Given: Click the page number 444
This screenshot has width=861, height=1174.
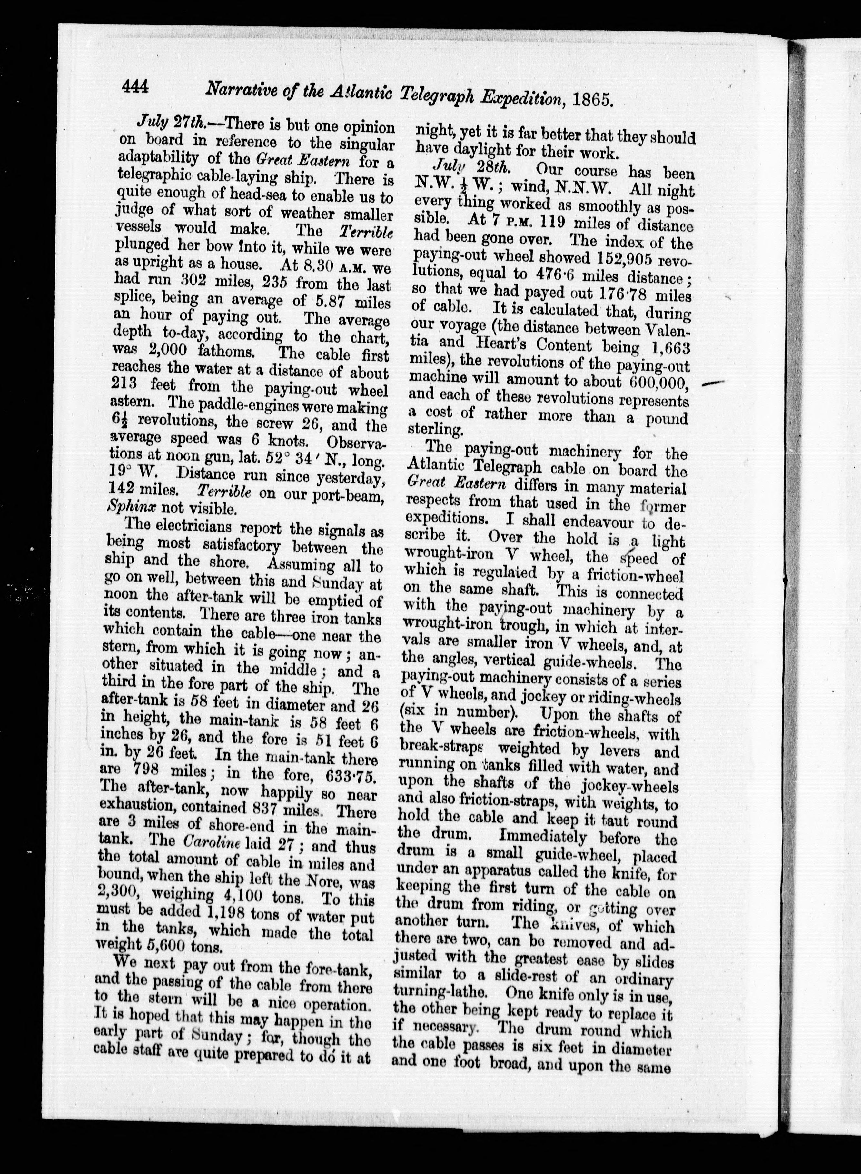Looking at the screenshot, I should pos(135,86).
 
